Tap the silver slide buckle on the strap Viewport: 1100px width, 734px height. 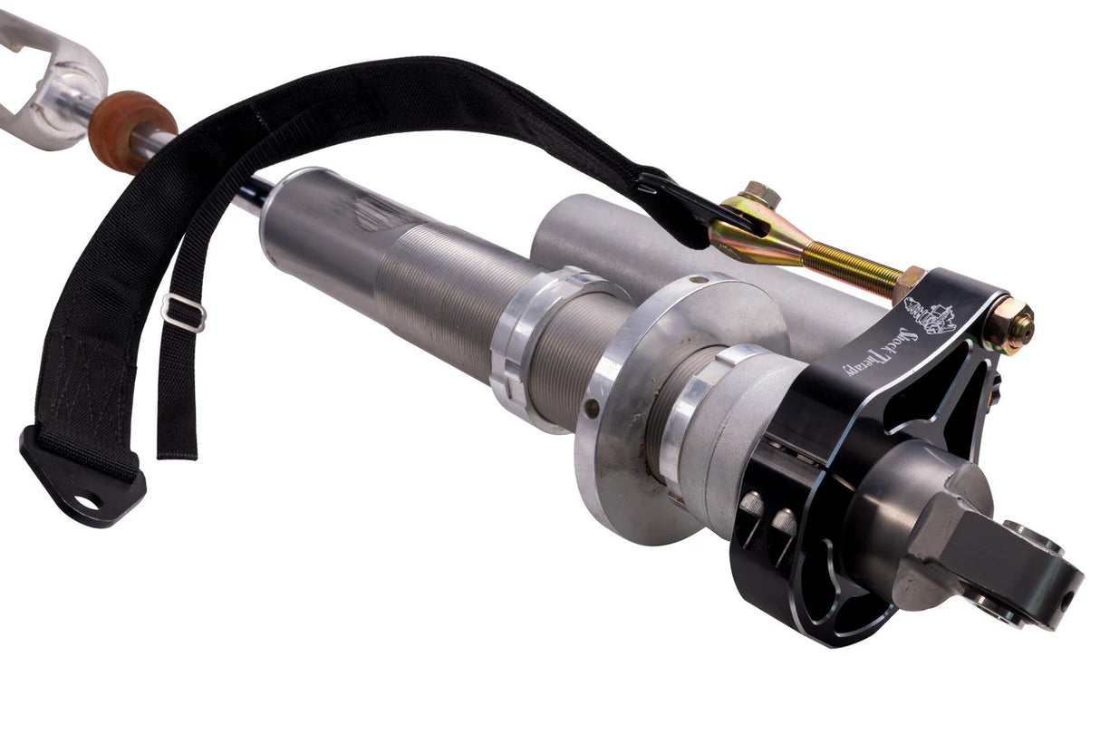pos(183,313)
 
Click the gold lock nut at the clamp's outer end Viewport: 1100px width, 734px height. pos(1011,324)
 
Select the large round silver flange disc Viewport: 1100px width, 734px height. pos(634,399)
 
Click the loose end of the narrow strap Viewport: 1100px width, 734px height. pos(177,435)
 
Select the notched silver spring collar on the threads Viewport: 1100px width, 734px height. pos(526,344)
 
